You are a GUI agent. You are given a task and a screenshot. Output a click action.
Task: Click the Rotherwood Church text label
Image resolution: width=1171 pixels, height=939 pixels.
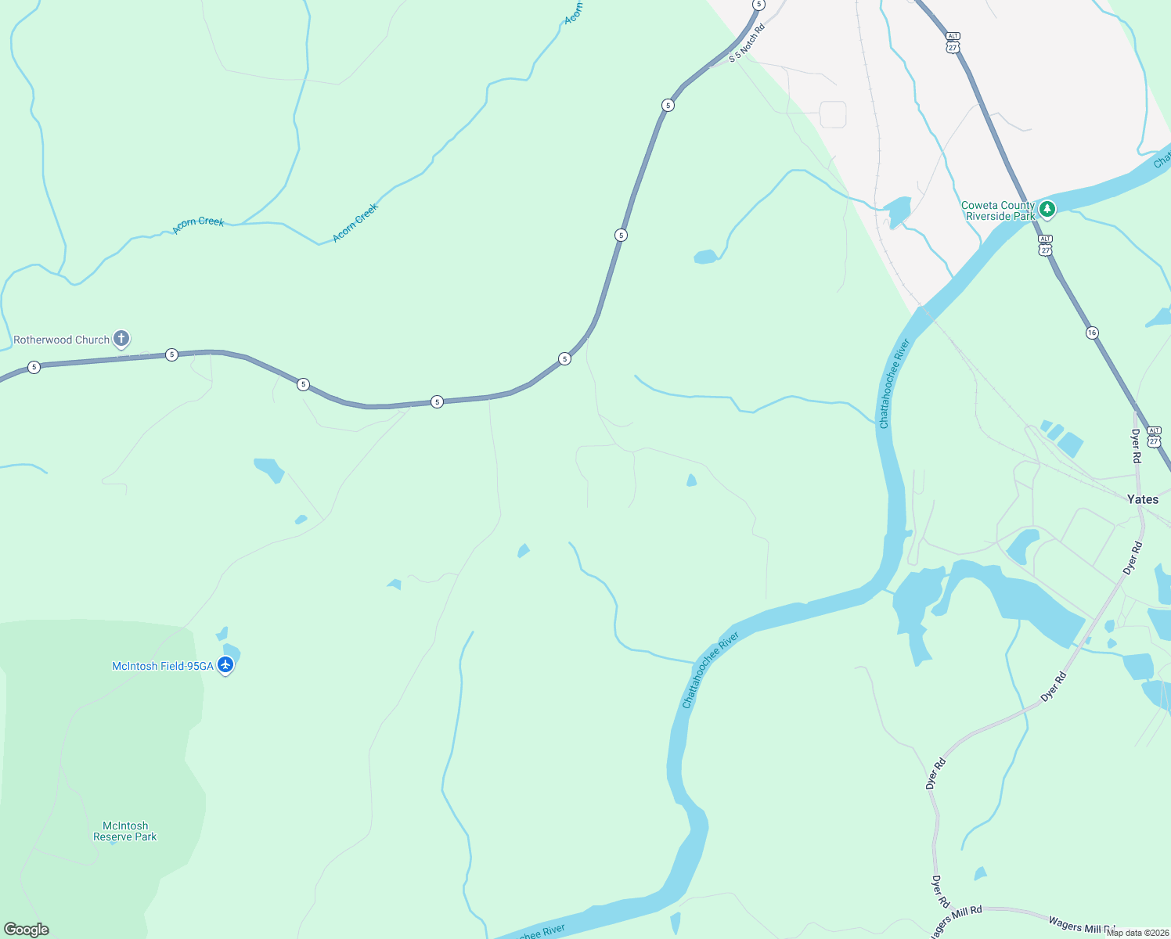coord(61,340)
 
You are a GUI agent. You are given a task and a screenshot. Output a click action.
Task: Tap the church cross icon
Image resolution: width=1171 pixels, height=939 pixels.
coord(121,339)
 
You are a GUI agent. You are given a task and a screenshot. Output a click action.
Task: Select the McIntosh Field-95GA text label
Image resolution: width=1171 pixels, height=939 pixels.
coord(162,667)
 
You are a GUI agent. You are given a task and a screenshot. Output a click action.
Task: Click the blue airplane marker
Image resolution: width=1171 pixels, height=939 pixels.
coord(225,665)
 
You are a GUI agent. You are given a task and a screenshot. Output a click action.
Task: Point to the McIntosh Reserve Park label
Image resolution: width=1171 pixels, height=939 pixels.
coord(125,831)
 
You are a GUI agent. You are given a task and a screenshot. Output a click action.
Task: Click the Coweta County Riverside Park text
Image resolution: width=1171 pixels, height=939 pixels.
coord(998,210)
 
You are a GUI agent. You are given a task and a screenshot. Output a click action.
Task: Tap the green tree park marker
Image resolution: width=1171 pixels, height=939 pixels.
coord(1047,209)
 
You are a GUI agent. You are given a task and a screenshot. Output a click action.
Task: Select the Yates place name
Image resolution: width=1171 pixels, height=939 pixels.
coord(1142,499)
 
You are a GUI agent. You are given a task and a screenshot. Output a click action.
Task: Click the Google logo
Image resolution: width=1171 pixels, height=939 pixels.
coord(27,930)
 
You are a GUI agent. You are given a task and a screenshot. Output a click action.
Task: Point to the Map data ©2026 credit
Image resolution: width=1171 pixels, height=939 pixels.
coord(1137,933)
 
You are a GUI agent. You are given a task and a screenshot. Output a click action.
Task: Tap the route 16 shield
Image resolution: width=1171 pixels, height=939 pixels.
coord(1092,333)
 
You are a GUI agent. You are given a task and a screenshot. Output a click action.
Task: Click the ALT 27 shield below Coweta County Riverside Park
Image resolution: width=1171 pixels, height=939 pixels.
coord(1045,245)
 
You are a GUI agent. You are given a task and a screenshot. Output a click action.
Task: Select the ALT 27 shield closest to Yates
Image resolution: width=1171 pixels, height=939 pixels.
coord(1154,437)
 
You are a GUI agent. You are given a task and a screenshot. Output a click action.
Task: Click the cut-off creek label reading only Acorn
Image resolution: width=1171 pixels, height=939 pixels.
coord(574,13)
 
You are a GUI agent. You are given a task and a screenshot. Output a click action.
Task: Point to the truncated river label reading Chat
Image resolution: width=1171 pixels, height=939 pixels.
coord(1162,160)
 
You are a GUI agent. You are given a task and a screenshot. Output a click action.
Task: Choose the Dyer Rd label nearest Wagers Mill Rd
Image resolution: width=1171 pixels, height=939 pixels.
coord(939,891)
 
